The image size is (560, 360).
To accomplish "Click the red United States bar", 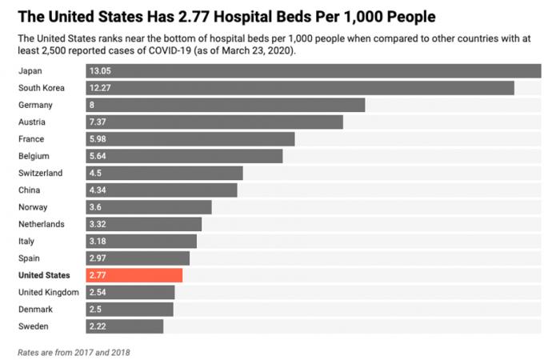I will coord(134,275).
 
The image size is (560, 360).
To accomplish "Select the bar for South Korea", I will coord(300,88).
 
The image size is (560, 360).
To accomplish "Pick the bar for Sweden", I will coord(125,326).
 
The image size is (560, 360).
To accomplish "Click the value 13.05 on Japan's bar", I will coord(101,71).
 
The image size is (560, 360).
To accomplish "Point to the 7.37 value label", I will coord(98,122).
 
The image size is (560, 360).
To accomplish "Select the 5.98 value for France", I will coord(98,139).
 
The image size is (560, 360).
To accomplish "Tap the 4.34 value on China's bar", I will coord(98,190).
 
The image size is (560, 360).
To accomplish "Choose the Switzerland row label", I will coord(40,173).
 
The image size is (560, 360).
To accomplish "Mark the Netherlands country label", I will coord(42,224).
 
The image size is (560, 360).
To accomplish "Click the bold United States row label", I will coord(44,275).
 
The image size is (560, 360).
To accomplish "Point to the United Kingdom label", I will coord(48,292).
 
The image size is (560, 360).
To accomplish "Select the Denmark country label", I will coord(36,309).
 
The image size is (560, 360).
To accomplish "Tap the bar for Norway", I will coord(149,207).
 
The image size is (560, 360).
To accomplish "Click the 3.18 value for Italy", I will coord(98,241).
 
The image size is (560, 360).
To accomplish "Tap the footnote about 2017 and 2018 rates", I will coord(73,351).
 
